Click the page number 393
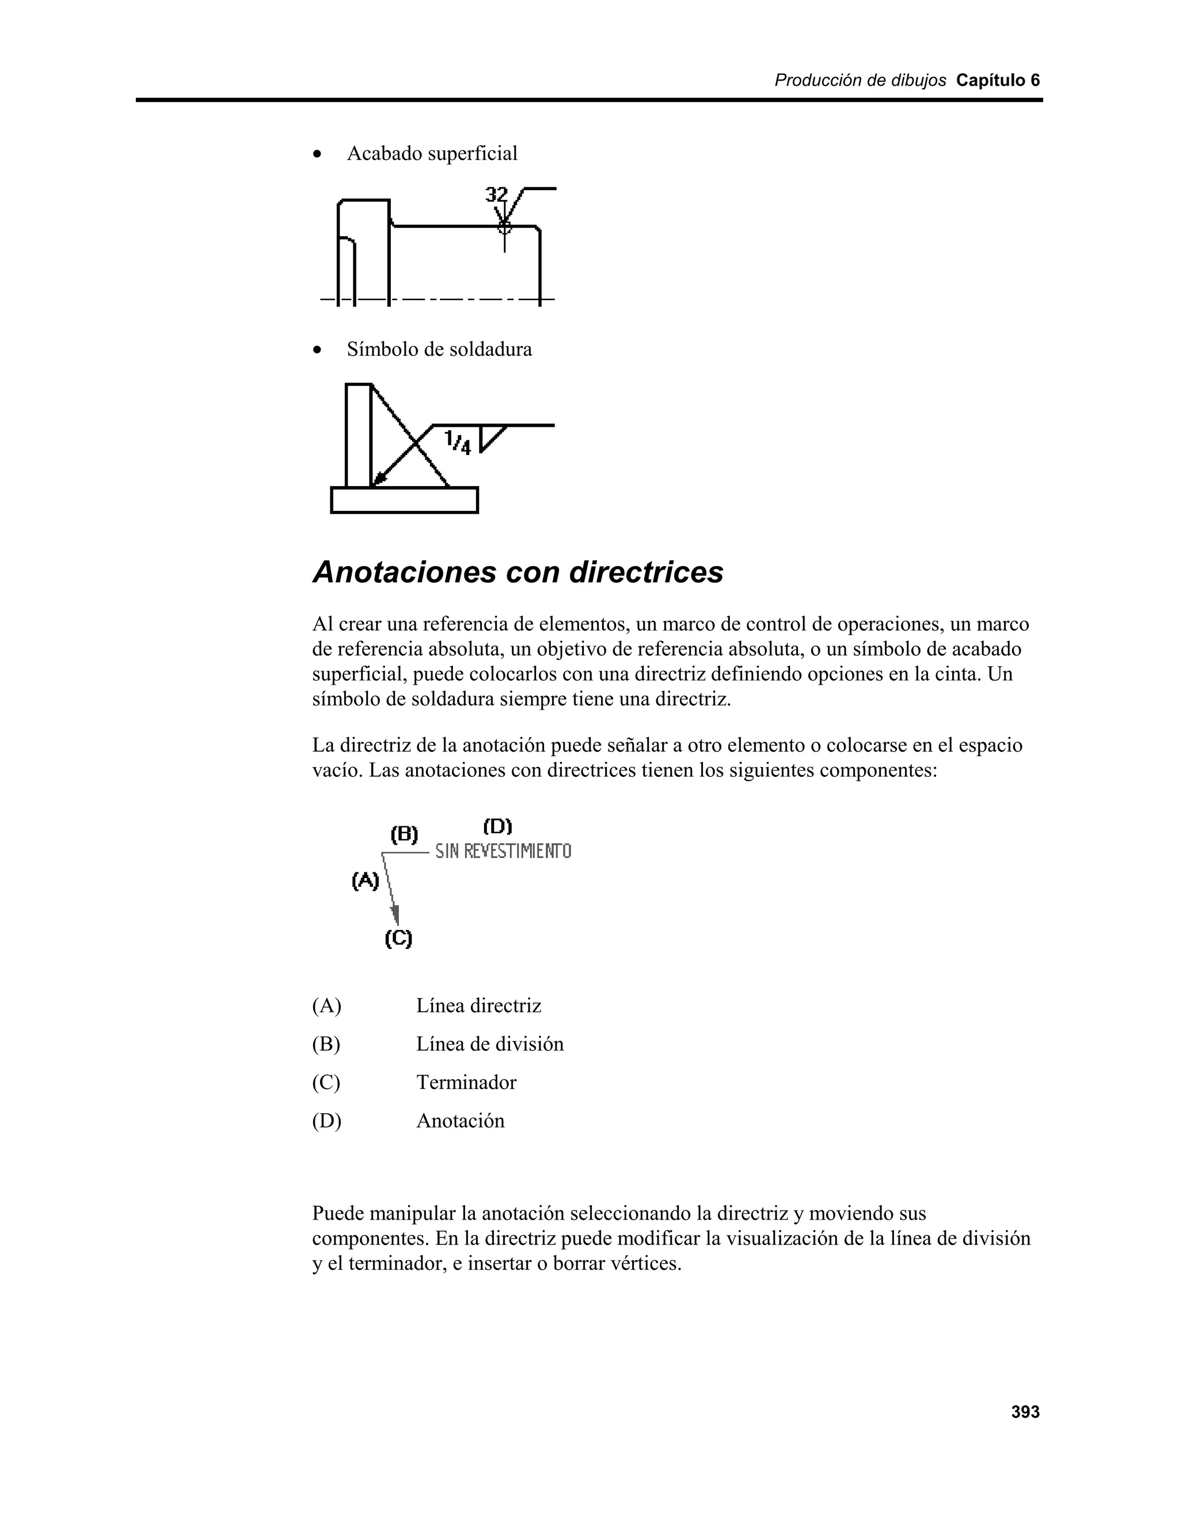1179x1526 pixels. tap(1025, 1412)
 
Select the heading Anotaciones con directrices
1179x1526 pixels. tap(518, 572)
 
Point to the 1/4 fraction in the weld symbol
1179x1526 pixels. tap(458, 442)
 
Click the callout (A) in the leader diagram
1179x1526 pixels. tap(366, 881)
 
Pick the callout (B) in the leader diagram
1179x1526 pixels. tap(404, 834)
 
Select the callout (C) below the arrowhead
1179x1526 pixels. tap(398, 939)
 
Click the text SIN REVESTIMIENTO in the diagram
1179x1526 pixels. tap(503, 851)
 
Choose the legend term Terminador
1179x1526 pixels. tap(466, 1083)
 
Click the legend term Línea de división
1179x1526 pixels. tap(490, 1044)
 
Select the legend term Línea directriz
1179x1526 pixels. tap(478, 1005)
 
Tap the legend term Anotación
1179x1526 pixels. tap(461, 1121)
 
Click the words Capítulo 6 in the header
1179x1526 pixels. tap(998, 81)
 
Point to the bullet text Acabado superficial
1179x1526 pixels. tap(432, 153)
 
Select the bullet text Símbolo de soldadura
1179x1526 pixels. tap(439, 350)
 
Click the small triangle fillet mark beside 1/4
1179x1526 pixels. tap(491, 436)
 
